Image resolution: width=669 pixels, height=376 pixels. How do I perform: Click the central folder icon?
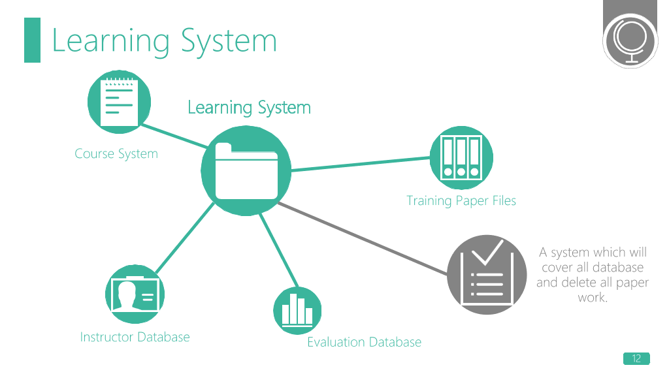point(246,170)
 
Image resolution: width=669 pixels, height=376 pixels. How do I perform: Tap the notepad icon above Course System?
point(119,102)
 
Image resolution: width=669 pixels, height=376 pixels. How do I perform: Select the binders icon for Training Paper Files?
point(461,158)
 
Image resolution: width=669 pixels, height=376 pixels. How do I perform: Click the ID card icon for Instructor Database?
point(135,294)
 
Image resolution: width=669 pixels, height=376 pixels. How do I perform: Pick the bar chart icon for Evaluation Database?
point(297,310)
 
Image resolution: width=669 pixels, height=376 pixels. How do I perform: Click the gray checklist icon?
point(487,275)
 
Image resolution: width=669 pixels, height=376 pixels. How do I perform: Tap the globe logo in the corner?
point(630,40)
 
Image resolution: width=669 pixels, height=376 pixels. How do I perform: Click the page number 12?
point(636,358)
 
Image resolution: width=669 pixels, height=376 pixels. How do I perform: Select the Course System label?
point(116,154)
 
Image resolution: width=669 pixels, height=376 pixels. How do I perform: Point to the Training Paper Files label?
point(461,201)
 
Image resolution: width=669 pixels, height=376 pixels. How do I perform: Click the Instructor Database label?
point(135,337)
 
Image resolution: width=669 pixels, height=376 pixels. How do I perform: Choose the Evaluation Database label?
point(365,342)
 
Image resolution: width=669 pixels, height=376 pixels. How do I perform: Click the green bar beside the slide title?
point(33,40)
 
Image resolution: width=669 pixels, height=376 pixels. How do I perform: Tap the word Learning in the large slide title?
point(111,41)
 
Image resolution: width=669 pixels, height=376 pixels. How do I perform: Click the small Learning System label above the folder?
point(249,108)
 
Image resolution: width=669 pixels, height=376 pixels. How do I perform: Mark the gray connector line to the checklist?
point(363,238)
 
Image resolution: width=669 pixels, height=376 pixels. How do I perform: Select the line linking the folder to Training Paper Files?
point(361,164)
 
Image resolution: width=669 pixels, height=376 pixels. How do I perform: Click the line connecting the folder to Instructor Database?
point(185,238)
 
